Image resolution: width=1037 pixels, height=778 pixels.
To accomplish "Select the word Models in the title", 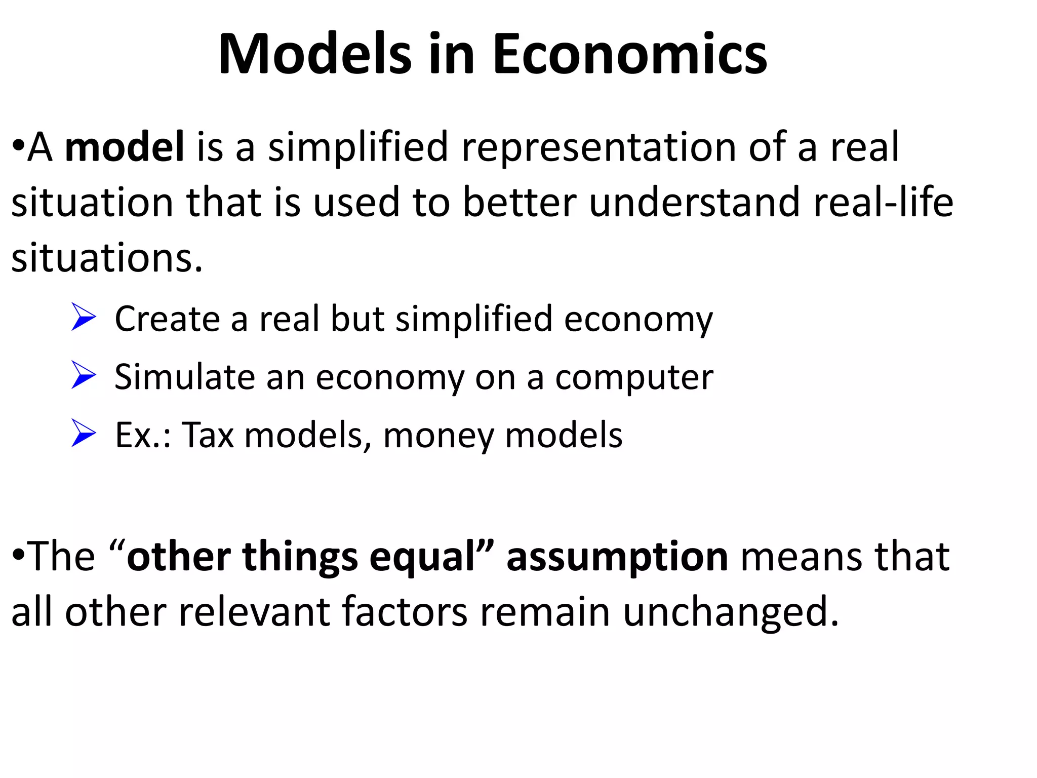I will pos(314,54).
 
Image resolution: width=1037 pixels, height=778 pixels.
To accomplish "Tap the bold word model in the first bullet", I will pos(125,147).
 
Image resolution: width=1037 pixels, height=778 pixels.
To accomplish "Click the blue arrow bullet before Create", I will pos(84,317).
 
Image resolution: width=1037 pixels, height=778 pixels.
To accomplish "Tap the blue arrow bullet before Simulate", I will pos(84,375).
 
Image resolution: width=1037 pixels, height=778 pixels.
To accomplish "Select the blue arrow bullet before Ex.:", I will pos(84,434).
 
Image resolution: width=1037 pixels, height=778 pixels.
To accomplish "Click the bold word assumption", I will pos(617,557).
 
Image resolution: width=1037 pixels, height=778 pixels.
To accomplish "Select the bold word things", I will pos(300,557).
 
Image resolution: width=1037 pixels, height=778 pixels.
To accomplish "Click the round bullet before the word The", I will pos(18,555).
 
